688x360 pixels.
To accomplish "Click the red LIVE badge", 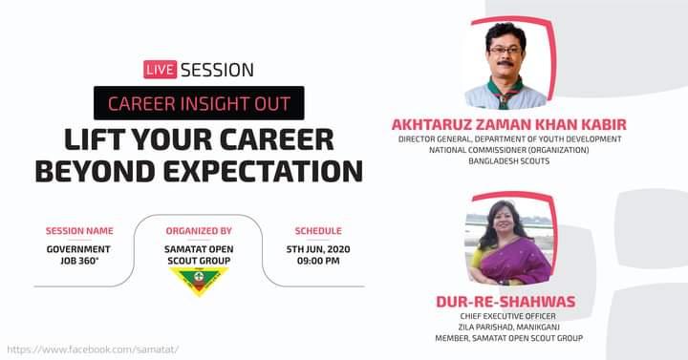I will coord(160,70).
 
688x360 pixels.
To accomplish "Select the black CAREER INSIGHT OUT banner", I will coord(199,102).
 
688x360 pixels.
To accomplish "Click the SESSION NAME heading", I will coord(79,230).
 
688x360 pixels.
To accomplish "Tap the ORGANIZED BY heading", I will coord(199,230).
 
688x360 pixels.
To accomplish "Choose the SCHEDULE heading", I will coord(318,230).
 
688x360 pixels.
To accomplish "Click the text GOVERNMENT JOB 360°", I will coord(79,254).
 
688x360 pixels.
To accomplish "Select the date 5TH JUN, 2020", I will coord(318,248).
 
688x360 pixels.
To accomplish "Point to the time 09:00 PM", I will coord(318,261).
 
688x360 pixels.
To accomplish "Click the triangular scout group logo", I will coord(199,281).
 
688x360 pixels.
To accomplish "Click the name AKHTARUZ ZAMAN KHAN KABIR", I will coord(509,125).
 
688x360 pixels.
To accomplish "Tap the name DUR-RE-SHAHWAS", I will coord(505,302).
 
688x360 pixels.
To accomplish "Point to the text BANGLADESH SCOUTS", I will coord(509,161).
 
